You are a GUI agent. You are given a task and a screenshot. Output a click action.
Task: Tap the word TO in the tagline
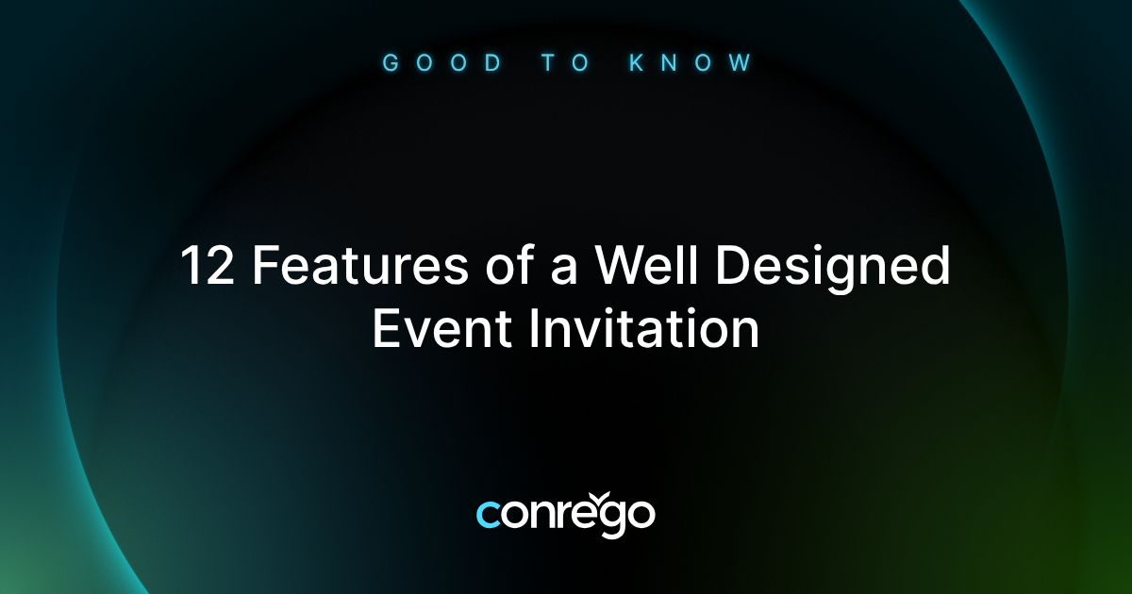point(566,64)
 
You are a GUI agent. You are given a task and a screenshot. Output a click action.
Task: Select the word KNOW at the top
point(691,64)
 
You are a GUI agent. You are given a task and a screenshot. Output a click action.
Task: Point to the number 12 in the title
point(207,268)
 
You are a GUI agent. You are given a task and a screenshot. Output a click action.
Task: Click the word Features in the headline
point(359,268)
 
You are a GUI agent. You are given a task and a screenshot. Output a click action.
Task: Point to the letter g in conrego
point(608,520)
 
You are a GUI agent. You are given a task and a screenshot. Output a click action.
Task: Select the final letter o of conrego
point(641,515)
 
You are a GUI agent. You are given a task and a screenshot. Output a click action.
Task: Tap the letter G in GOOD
point(390,64)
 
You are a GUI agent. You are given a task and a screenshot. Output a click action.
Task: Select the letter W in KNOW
point(742,64)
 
